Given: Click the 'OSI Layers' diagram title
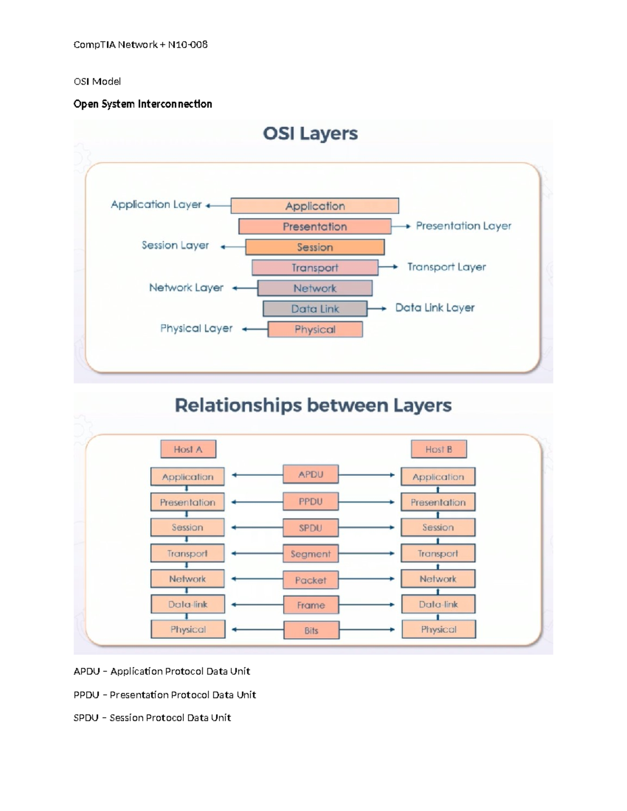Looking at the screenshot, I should click(310, 134).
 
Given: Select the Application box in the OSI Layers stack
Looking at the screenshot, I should click(315, 206).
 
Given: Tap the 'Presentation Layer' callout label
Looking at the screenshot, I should click(463, 226).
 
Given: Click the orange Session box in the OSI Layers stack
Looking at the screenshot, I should click(315, 247).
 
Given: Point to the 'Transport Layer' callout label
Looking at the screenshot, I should click(446, 267).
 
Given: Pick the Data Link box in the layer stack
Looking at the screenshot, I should click(315, 309).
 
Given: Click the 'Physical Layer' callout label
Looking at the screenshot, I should click(196, 328).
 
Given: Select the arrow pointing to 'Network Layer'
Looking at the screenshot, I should click(244, 288).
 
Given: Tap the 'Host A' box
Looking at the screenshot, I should click(188, 449).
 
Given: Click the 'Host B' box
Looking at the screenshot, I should click(438, 449).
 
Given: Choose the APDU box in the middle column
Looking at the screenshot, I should click(310, 474).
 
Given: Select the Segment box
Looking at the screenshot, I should click(310, 554).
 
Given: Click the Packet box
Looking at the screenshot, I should click(310, 580).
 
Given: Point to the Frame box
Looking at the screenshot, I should click(311, 605).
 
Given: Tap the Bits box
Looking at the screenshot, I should click(311, 630).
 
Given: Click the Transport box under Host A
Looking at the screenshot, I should click(188, 553).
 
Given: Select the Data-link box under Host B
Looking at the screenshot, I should click(438, 604).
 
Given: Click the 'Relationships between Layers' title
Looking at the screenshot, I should click(313, 405).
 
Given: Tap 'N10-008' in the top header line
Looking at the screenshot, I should click(188, 45).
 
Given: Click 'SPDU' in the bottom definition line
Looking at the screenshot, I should click(86, 718).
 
